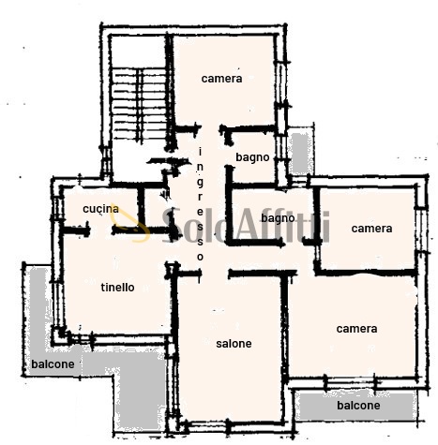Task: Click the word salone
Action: click(x=234, y=344)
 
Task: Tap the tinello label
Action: click(x=117, y=288)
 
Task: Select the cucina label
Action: click(x=100, y=209)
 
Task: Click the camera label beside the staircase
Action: click(x=221, y=79)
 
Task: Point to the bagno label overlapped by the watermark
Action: click(x=278, y=218)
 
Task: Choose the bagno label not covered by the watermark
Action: click(x=252, y=157)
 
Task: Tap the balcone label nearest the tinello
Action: click(x=53, y=364)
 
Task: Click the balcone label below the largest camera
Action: click(x=358, y=406)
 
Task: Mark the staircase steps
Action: click(x=139, y=104)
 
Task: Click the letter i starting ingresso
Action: click(x=200, y=152)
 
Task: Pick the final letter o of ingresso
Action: click(x=200, y=257)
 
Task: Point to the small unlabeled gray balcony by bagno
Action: click(x=302, y=153)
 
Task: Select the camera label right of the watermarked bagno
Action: click(x=371, y=229)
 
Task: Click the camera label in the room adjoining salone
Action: click(x=356, y=329)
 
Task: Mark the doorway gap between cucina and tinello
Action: click(x=100, y=231)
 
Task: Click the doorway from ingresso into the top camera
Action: click(x=210, y=128)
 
